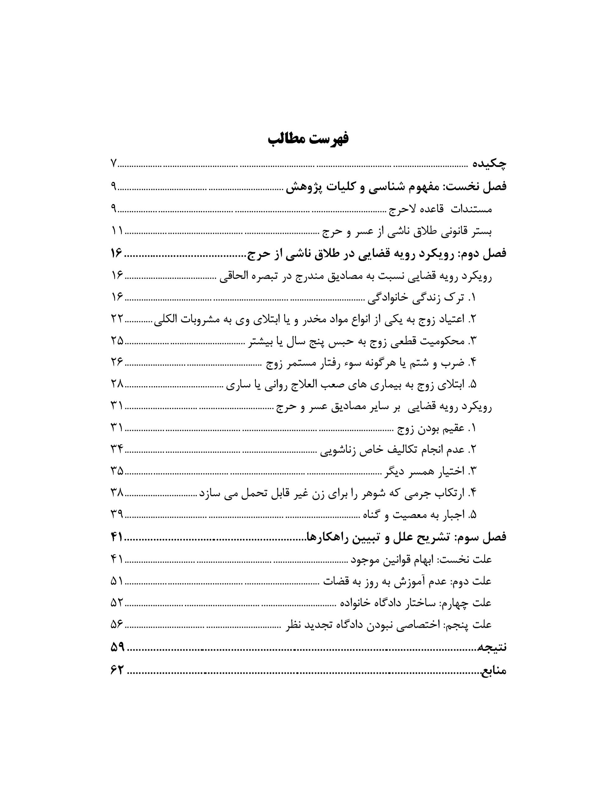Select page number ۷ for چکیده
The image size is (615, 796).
click(x=113, y=164)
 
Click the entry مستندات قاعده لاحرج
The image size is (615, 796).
click(x=440, y=209)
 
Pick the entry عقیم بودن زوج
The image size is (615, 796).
click(x=437, y=428)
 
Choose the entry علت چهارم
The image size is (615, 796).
click(x=416, y=603)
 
